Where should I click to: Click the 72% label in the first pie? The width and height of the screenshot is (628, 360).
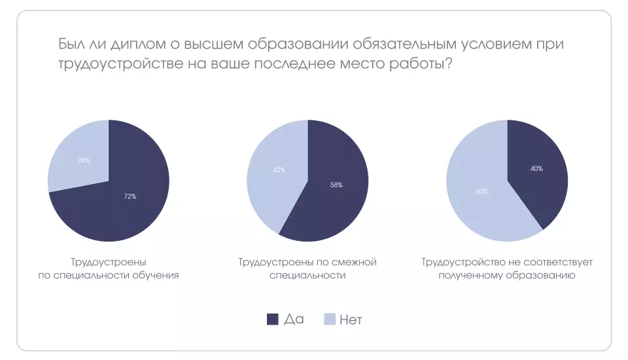130,196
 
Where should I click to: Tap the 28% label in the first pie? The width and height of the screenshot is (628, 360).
84,160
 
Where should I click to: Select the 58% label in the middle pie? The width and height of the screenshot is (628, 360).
336,185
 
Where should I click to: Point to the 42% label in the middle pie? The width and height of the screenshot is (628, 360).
279,170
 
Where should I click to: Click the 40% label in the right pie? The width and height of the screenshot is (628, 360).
536,168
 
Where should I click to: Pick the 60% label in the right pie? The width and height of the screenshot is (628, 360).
482,191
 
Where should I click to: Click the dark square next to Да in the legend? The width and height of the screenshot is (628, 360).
273,319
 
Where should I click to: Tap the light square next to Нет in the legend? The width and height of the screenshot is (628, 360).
330,319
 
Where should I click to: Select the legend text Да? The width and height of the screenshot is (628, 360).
294,319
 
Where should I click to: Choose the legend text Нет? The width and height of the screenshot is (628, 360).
351,319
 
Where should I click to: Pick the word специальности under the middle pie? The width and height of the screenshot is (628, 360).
307,276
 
